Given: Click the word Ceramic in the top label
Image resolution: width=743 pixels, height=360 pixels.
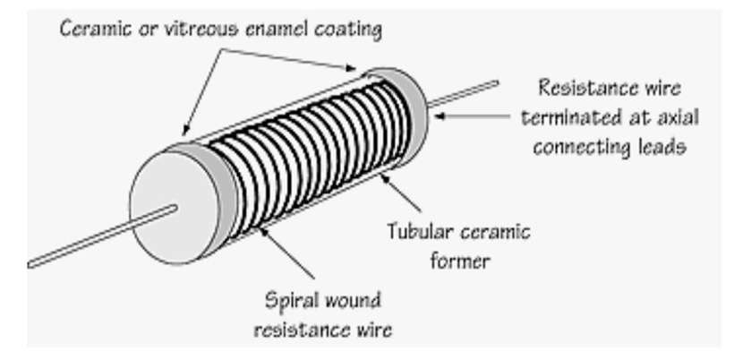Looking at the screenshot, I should point(92,29).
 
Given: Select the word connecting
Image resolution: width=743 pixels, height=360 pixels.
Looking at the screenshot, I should point(581,148).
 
